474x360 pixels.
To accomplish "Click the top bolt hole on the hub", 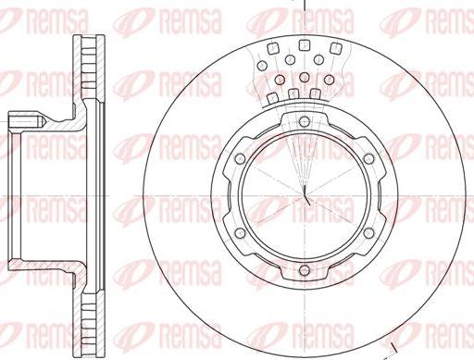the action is [x=305, y=121].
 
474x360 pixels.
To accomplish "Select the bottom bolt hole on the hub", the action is [x=305, y=270].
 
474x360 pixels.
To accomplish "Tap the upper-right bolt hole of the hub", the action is [x=368, y=159].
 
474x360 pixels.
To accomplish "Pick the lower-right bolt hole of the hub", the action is [x=368, y=233].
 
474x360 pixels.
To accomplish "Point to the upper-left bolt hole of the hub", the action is [x=240, y=159].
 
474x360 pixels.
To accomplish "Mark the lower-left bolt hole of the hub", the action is [x=240, y=233].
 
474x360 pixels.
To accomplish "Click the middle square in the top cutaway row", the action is [x=305, y=45].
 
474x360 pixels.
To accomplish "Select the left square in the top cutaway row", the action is [x=273, y=49].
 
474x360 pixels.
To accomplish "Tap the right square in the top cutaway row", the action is [x=336, y=48].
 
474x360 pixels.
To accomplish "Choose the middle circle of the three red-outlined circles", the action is [x=305, y=77].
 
